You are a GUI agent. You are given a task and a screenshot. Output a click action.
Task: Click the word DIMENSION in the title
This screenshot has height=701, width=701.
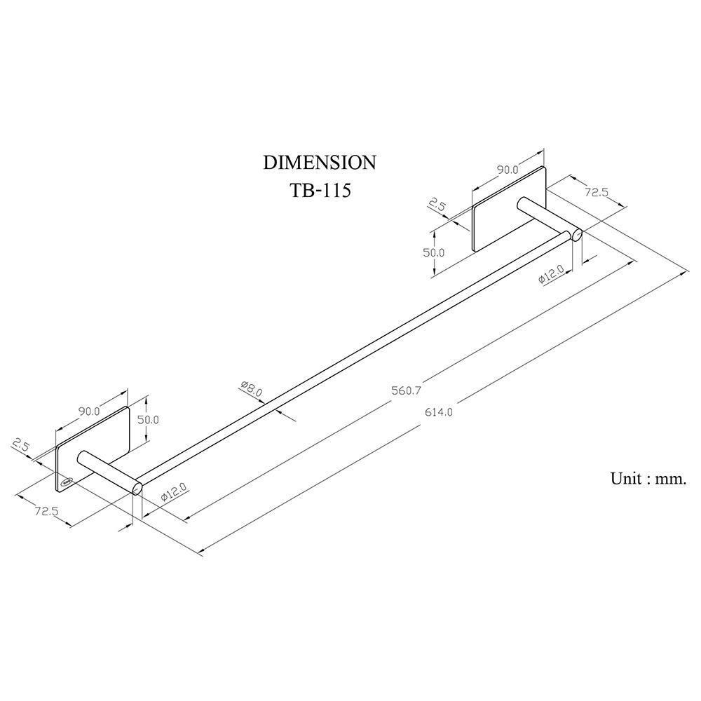pyautogui.click(x=319, y=163)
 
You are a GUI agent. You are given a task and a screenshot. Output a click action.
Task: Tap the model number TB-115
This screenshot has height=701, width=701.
pyautogui.click(x=320, y=191)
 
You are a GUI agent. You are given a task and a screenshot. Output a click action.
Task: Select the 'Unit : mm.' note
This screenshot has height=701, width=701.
pyautogui.click(x=648, y=478)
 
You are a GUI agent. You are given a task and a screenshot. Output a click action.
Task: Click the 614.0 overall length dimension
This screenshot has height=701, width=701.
pyautogui.click(x=439, y=411)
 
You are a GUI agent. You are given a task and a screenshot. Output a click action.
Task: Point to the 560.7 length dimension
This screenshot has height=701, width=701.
pyautogui.click(x=407, y=390)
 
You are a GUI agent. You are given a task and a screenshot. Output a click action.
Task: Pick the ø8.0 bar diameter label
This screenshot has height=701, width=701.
pyautogui.click(x=251, y=388)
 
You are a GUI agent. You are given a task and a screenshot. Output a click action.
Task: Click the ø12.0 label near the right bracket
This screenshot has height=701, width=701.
pyautogui.click(x=552, y=273)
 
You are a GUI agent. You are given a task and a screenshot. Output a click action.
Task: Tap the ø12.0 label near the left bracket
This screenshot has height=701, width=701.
pyautogui.click(x=173, y=492)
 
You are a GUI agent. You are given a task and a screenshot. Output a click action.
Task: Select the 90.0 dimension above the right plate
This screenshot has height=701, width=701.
pyautogui.click(x=507, y=170)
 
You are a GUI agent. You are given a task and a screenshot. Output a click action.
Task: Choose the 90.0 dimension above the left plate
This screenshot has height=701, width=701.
pyautogui.click(x=90, y=411)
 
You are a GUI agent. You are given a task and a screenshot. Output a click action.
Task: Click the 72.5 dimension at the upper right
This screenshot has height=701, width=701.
pyautogui.click(x=597, y=192)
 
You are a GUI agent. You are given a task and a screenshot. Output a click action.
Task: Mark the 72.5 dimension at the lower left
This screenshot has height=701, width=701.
pyautogui.click(x=46, y=510)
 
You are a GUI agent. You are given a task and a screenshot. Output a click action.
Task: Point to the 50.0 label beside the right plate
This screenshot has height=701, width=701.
pyautogui.click(x=434, y=252)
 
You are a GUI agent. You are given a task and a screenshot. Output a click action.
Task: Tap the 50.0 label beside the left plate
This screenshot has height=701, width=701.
pyautogui.click(x=148, y=420)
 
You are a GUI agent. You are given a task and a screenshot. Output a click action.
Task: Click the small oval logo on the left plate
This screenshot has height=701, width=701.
pyautogui.click(x=67, y=482)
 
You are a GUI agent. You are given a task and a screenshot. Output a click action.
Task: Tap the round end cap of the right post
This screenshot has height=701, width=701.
pyautogui.click(x=577, y=235)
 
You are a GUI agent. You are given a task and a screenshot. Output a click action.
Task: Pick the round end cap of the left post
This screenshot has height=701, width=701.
pyautogui.click(x=137, y=489)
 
